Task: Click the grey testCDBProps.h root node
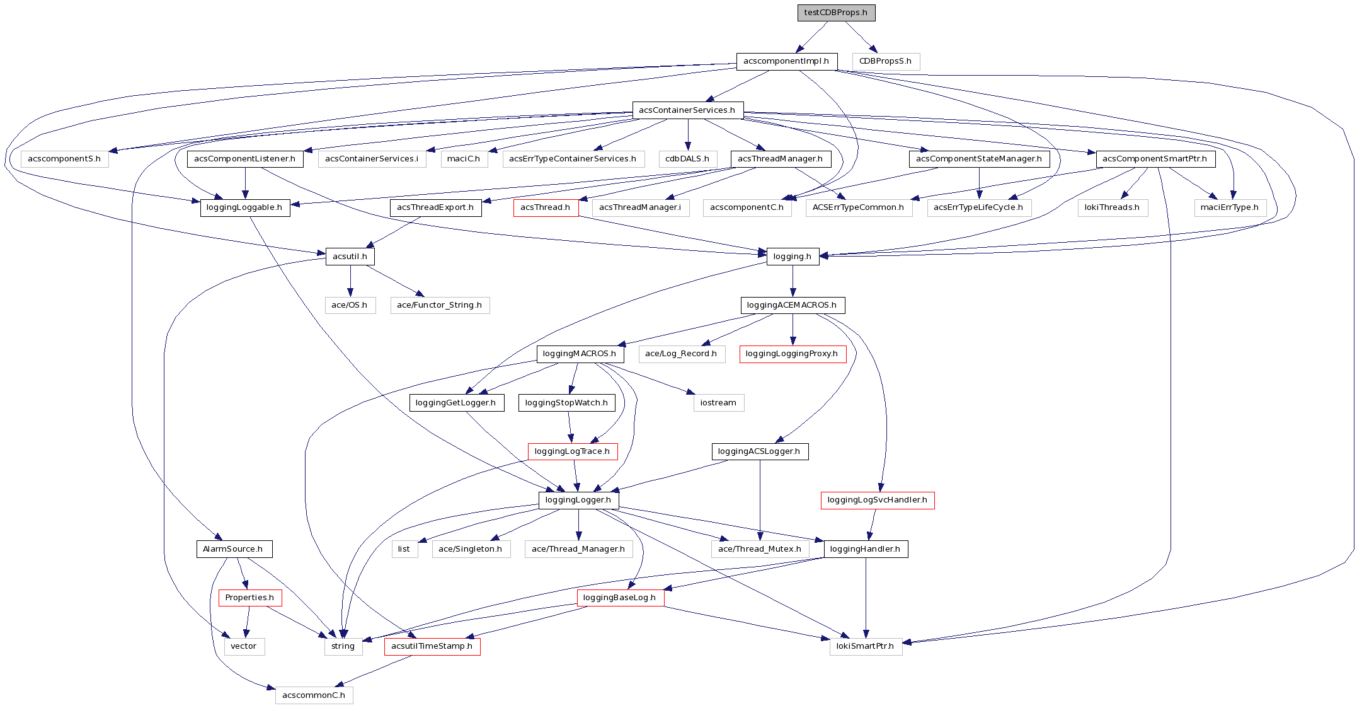pos(836,13)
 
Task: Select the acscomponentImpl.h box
pos(786,61)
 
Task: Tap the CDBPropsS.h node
pos(886,61)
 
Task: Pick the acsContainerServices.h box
pos(687,110)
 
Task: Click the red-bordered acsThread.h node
pos(546,207)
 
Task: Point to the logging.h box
pos(793,257)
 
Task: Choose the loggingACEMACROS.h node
pos(792,305)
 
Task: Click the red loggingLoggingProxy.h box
pos(792,354)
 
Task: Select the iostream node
pos(718,403)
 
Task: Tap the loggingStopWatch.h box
pos(566,403)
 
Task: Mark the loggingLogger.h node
pos(578,500)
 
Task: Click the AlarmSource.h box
pos(233,549)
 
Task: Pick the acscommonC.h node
pos(314,695)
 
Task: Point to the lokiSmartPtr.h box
pos(865,646)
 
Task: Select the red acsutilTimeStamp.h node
pos(432,646)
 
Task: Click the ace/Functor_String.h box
pos(440,305)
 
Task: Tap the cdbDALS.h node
pos(687,159)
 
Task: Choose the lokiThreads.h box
pos(1113,207)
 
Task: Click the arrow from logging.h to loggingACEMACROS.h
pos(793,281)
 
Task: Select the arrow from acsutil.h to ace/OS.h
pos(350,281)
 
